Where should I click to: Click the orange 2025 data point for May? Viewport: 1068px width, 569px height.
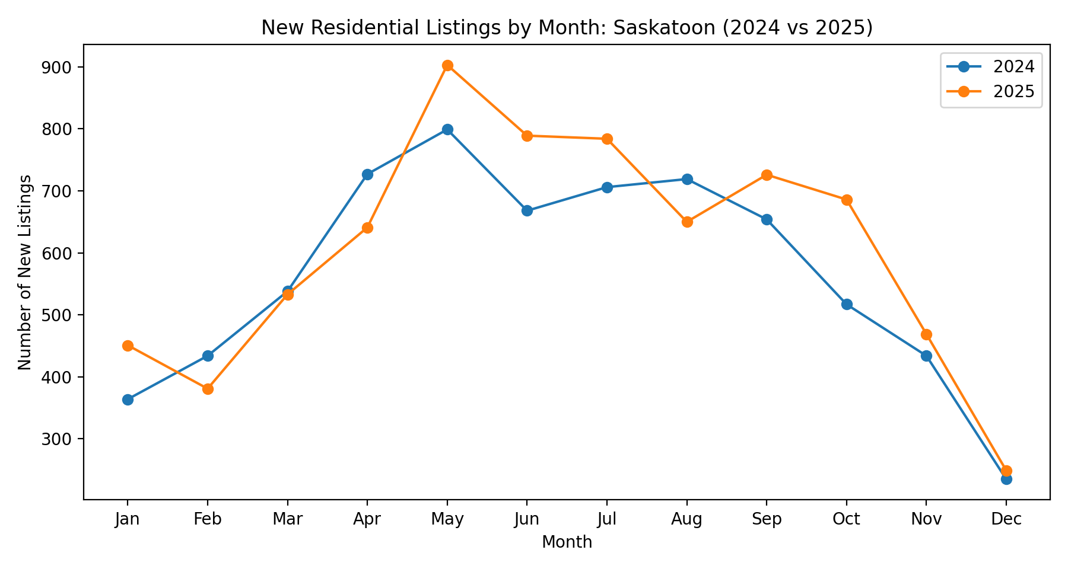coord(447,65)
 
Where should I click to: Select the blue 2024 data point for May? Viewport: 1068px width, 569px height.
coord(447,129)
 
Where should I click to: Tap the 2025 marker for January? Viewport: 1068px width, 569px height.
coord(128,346)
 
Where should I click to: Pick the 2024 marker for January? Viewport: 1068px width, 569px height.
coord(128,399)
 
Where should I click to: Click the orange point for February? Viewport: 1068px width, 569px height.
coord(208,389)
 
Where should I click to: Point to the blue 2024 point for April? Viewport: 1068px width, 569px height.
coord(367,174)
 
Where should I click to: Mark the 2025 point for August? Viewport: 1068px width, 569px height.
coord(687,222)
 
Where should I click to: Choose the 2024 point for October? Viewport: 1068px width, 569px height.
coord(847,304)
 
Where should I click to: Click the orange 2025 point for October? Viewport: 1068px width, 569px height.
coord(847,200)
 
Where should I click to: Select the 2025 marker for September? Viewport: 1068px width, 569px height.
coord(767,175)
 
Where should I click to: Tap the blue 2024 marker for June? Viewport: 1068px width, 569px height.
coord(527,210)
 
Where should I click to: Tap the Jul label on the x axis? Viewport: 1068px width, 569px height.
coord(607,520)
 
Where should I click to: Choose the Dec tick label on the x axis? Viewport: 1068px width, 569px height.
coord(1006,520)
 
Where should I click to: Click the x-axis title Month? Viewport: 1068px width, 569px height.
coord(567,542)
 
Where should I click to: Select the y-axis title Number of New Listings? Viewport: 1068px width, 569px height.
coord(24,272)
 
